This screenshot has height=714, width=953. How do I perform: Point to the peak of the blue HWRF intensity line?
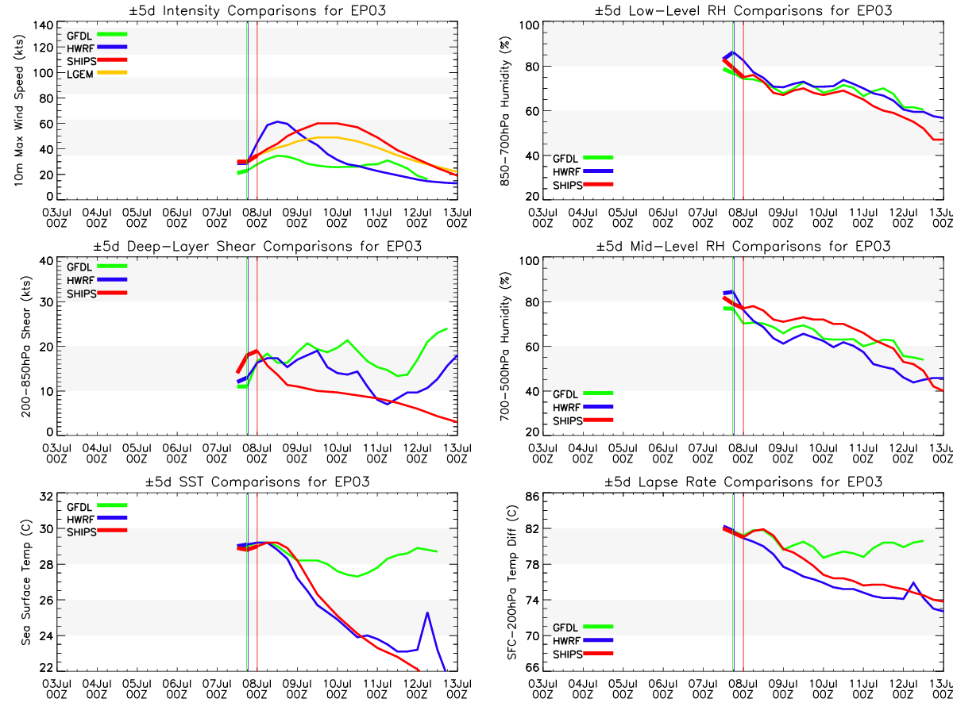pos(277,122)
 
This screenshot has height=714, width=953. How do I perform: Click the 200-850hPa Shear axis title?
pos(21,347)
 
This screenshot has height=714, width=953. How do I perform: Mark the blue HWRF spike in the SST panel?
pos(428,612)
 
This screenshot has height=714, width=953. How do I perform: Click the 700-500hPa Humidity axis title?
pos(503,347)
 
